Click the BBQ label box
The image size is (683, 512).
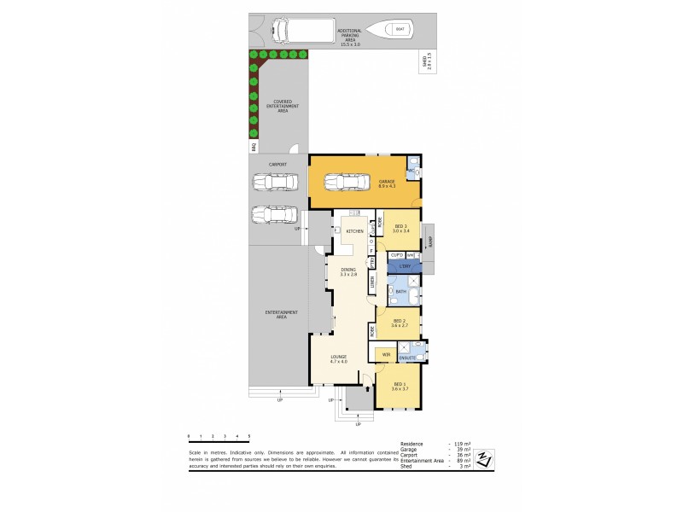pyautogui.click(x=254, y=147)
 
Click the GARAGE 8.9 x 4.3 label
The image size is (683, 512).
pyautogui.click(x=388, y=182)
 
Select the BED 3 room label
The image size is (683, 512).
pyautogui.click(x=401, y=228)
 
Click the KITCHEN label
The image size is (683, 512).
pyautogui.click(x=355, y=231)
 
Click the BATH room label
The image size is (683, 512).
pyautogui.click(x=400, y=292)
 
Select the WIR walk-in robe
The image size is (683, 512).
pyautogui.click(x=386, y=354)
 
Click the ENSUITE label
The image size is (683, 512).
pyautogui.click(x=407, y=358)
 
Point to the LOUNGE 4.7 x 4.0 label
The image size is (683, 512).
pyautogui.click(x=339, y=360)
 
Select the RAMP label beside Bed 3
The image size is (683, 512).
pyautogui.click(x=431, y=241)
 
